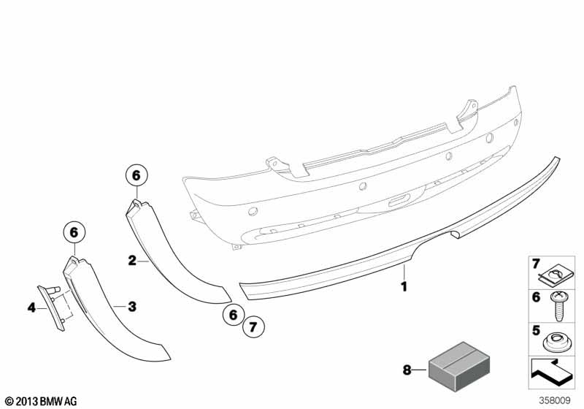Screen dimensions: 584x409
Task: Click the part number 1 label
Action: [404, 286]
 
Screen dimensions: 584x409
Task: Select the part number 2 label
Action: [132, 261]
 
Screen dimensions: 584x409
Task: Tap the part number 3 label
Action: [132, 307]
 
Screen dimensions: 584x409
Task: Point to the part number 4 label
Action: [31, 307]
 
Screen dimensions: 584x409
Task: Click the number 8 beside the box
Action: [407, 370]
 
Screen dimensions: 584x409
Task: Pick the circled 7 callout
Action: [253, 327]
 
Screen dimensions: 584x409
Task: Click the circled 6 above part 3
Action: [74, 232]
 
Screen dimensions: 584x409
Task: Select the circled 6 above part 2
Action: [137, 175]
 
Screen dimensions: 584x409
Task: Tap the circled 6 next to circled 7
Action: [233, 315]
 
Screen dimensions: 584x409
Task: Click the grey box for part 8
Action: [459, 364]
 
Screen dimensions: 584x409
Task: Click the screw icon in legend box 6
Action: [558, 306]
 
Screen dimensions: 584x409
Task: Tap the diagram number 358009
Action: [555, 400]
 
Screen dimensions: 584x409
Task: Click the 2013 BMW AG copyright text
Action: [42, 401]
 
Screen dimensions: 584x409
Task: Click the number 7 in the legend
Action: [536, 264]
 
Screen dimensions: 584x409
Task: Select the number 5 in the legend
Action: [536, 330]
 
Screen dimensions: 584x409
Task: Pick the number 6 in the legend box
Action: [536, 297]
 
